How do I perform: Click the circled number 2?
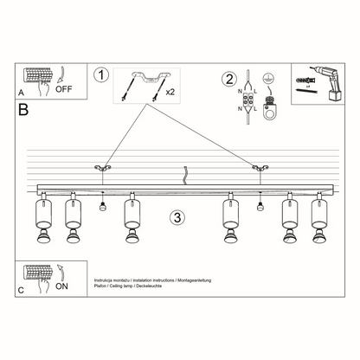point(229,80)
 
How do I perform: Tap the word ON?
point(61,284)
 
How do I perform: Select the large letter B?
point(23,109)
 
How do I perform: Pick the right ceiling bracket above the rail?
point(256,167)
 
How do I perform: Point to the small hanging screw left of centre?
point(102,205)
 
